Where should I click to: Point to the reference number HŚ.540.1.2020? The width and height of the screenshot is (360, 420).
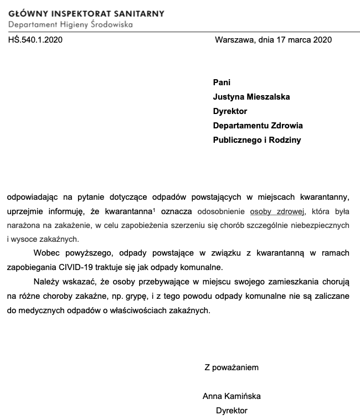(x=35, y=40)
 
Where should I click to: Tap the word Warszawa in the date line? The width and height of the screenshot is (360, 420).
(x=232, y=40)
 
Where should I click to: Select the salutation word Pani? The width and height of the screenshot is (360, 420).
(x=222, y=82)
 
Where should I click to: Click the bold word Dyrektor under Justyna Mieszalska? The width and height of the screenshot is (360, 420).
(x=230, y=111)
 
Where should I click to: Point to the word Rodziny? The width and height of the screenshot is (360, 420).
(x=283, y=140)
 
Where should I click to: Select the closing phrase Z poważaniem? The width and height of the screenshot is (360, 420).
(x=232, y=367)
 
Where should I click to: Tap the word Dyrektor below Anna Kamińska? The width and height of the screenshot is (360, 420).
(x=232, y=411)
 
